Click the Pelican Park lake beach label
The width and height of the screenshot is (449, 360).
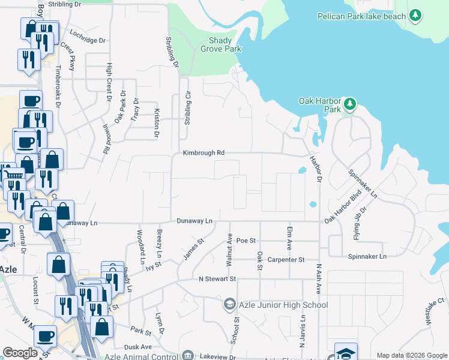click(362, 16)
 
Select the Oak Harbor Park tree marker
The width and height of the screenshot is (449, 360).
click(349, 105)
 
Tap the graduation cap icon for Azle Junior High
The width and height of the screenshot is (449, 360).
click(229, 305)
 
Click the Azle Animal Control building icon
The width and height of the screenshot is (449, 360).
click(187, 356)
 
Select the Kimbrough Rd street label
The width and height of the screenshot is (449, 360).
click(204, 153)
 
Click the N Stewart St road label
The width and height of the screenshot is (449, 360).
click(218, 279)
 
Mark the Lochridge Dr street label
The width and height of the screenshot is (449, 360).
click(88, 41)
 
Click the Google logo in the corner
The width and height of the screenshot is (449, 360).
click(20, 353)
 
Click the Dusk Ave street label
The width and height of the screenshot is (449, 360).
click(138, 347)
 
